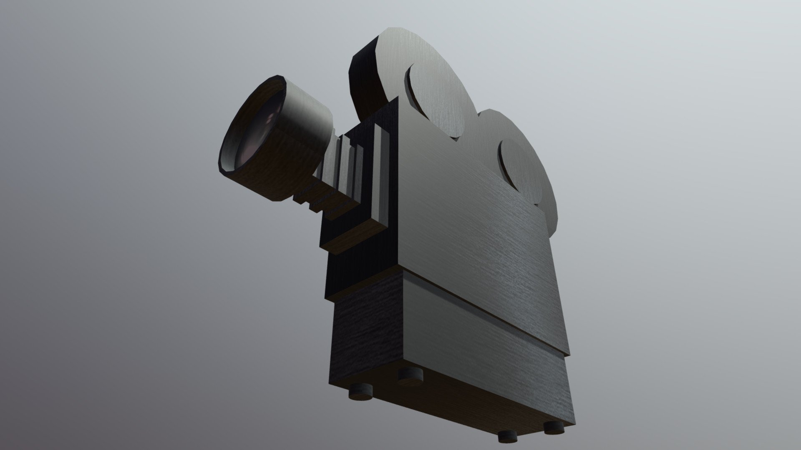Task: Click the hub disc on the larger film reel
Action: (436, 100)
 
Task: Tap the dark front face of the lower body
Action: (363, 337)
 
